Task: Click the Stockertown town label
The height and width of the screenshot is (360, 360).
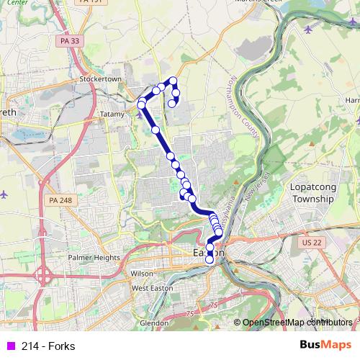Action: [x=98, y=78]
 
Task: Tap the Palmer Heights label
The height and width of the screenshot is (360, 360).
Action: [x=94, y=257]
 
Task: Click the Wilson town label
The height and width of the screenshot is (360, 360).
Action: [x=142, y=274]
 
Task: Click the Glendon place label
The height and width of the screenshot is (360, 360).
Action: [x=153, y=323]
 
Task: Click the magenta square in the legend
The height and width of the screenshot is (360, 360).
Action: [x=9, y=346]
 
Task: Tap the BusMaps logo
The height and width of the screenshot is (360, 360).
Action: [x=325, y=345]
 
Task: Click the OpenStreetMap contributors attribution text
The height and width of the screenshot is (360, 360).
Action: [x=297, y=323]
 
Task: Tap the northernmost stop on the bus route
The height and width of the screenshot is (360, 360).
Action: [x=173, y=80]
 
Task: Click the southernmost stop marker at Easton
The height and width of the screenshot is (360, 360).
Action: [x=210, y=260]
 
